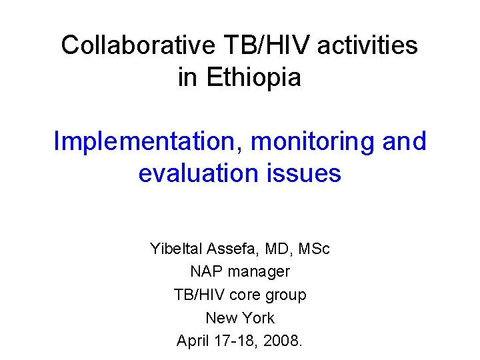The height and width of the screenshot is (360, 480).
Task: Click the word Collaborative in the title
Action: pos(138,46)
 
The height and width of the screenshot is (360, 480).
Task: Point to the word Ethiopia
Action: pos(254,77)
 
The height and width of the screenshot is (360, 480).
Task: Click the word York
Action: pos(258,318)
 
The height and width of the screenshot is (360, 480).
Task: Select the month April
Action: pos(194,341)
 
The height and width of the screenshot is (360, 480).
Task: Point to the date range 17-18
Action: pos(239,341)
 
